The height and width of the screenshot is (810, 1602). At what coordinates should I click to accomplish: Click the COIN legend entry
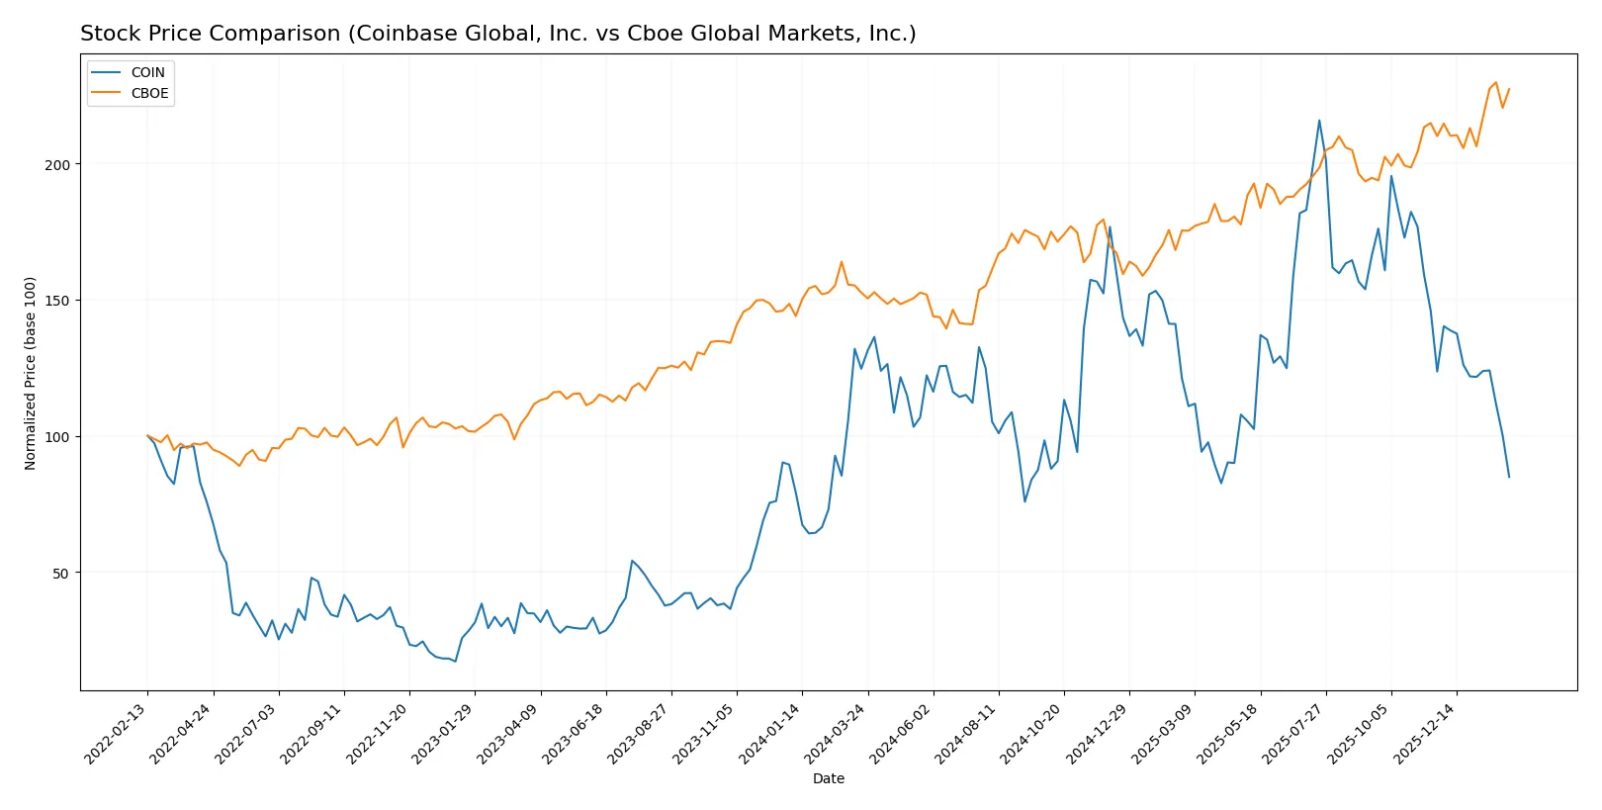point(147,72)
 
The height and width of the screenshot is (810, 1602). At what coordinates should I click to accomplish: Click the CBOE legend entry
point(149,94)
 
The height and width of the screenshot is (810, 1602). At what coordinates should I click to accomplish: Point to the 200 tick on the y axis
point(57,165)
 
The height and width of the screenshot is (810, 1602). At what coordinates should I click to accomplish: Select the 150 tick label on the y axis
point(57,301)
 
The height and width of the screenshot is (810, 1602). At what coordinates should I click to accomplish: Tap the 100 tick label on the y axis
point(57,437)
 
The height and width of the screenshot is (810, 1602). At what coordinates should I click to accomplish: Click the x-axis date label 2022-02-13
point(116,734)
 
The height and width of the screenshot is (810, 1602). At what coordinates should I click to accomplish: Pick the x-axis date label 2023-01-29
point(443,734)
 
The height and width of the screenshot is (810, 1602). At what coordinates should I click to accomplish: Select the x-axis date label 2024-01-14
point(770,734)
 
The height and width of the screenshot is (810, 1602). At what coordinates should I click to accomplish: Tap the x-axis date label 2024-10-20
point(1032,734)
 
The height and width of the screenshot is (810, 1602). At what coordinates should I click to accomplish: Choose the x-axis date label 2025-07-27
point(1293,734)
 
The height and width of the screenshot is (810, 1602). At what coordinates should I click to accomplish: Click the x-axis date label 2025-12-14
point(1425,734)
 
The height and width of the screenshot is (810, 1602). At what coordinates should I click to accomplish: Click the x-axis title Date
point(828,779)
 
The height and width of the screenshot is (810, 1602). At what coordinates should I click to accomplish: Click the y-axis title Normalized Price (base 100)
point(31,373)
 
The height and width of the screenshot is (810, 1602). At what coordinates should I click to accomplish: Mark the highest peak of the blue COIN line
point(1319,121)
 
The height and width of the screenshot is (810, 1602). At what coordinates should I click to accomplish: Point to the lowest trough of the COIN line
point(455,661)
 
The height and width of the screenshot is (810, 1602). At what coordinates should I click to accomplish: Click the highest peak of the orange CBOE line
point(1495,82)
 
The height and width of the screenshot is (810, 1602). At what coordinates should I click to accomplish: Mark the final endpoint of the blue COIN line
point(1509,478)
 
